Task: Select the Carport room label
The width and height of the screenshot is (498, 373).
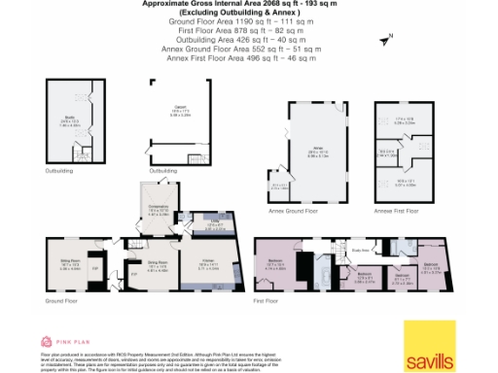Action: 180,109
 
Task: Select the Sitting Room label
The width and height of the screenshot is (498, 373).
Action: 70,259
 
